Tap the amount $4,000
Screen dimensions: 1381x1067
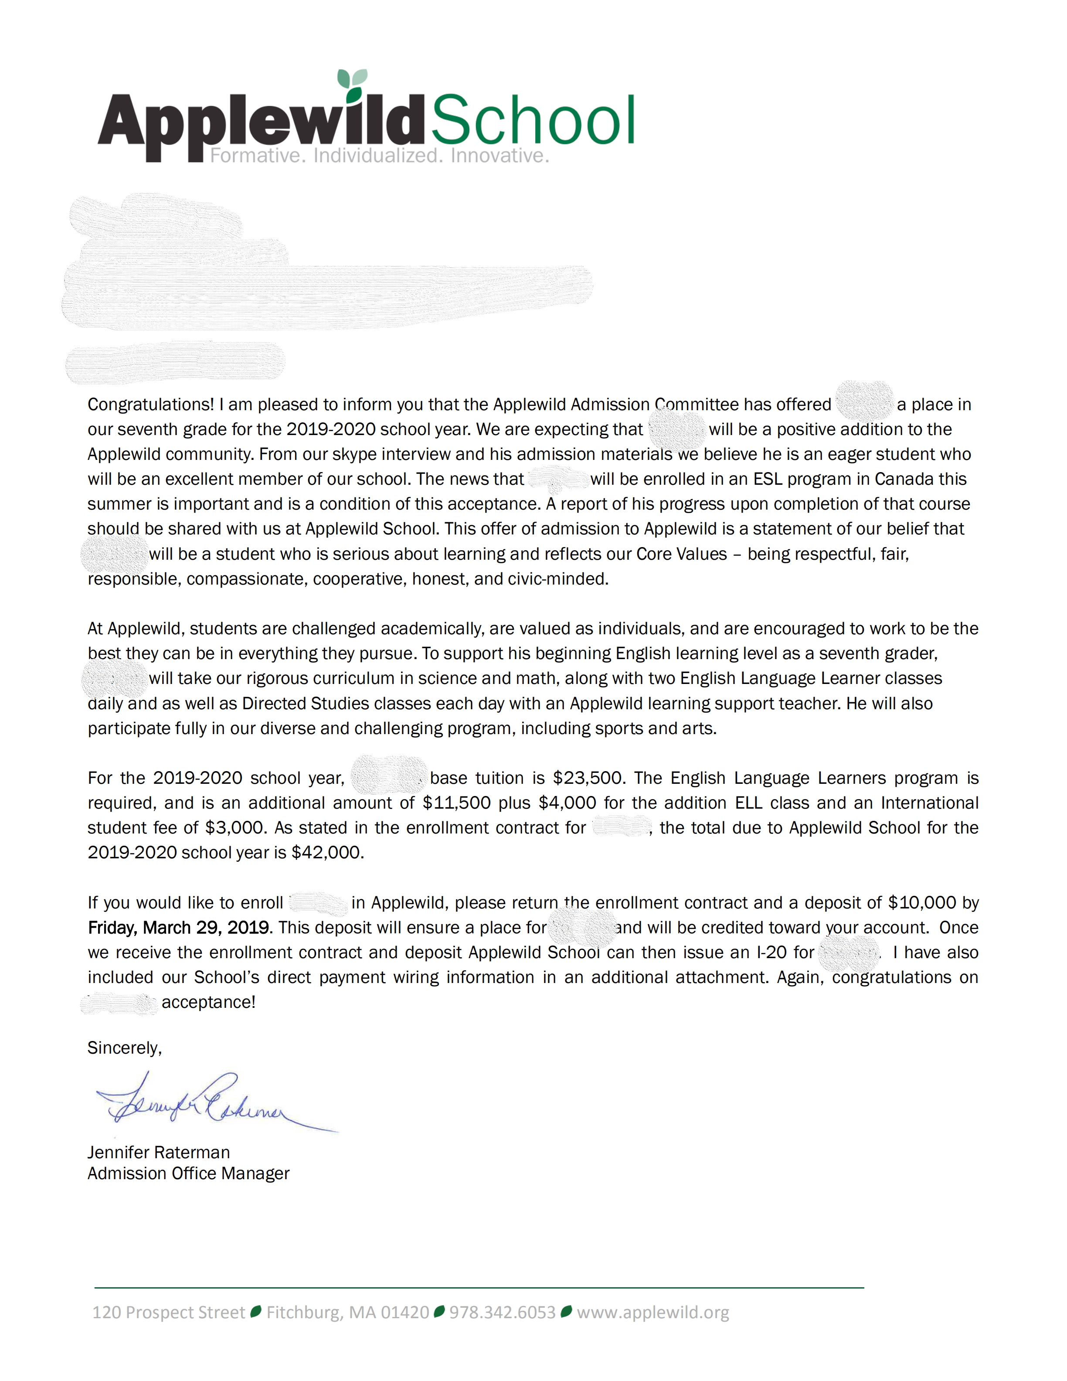click(x=567, y=803)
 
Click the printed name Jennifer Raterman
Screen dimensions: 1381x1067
click(x=159, y=1152)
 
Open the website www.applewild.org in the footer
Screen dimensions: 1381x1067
click(x=653, y=1313)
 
